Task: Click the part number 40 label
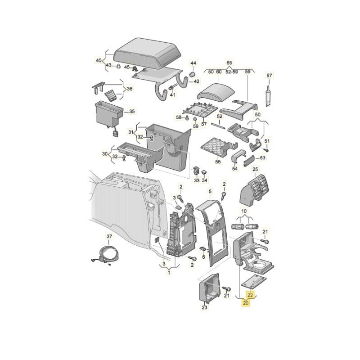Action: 99,60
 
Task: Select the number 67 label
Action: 269,76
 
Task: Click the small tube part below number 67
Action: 269,96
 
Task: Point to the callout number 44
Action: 193,63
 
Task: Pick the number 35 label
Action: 132,111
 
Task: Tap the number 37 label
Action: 109,236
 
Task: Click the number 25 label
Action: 255,170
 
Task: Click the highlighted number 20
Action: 246,303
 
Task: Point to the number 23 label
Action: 204,308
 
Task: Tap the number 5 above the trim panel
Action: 209,192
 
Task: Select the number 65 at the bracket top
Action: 229,63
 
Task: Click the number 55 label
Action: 218,162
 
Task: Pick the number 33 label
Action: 196,180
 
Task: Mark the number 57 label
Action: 203,124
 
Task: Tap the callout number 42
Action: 196,81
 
